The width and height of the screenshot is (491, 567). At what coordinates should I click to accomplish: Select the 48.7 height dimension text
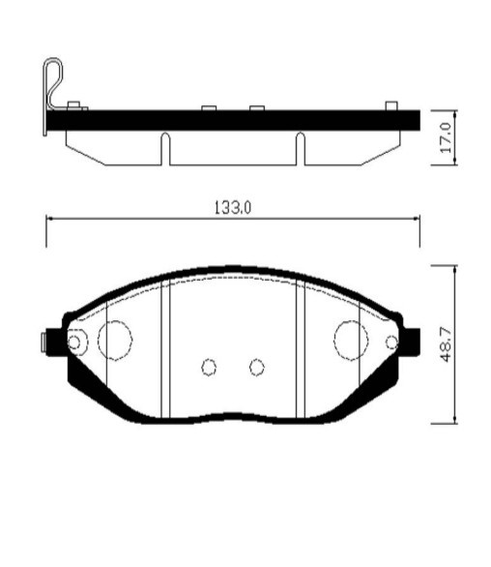pos(446,344)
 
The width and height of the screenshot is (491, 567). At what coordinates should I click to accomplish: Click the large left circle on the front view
pos(115,339)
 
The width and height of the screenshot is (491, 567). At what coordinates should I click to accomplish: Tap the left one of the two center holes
pos(209,367)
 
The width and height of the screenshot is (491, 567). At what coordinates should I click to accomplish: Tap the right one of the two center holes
pos(256,366)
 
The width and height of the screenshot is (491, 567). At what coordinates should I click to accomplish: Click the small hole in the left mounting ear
pos(76,342)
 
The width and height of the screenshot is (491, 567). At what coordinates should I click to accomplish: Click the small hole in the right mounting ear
pos(391,341)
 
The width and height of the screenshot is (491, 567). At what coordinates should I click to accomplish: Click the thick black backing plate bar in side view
pos(232,120)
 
